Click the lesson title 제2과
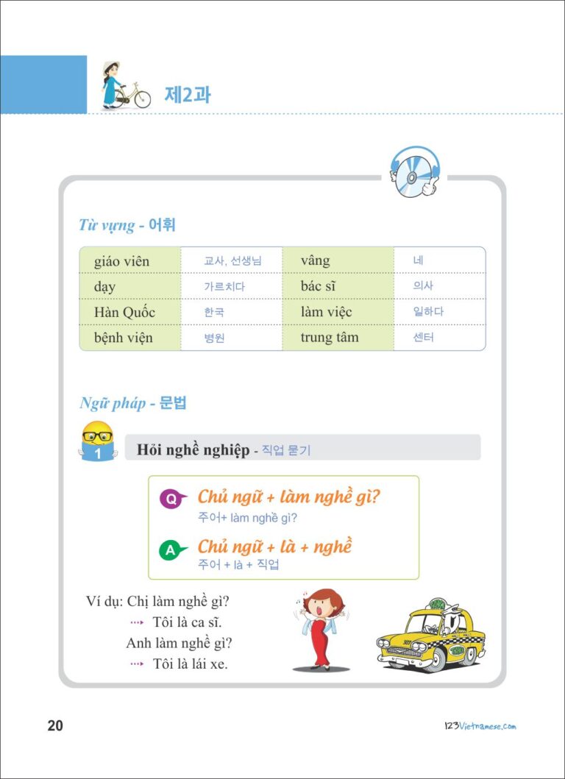click(x=187, y=95)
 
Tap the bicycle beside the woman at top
click(x=133, y=96)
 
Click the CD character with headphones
click(x=413, y=172)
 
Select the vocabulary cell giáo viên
click(x=122, y=261)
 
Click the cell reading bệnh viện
click(x=124, y=338)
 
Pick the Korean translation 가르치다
click(x=224, y=287)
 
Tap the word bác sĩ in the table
click(x=318, y=286)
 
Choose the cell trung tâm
click(x=330, y=338)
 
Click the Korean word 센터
click(x=424, y=338)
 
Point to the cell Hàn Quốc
click(x=125, y=312)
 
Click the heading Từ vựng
click(x=107, y=225)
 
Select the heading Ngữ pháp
click(x=113, y=403)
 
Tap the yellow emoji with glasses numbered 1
click(x=97, y=441)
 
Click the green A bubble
click(x=170, y=549)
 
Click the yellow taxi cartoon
click(x=430, y=633)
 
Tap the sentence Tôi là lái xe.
click(x=190, y=664)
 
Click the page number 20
click(x=55, y=726)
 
